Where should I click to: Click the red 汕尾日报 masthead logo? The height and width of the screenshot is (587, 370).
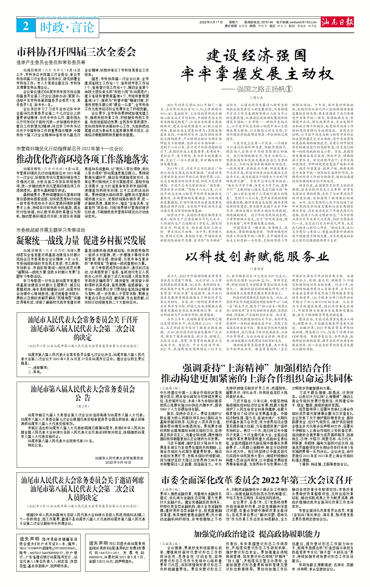tap(337, 22)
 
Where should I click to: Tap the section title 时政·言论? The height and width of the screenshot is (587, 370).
tap(67, 28)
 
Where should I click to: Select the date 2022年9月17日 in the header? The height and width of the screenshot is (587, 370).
tap(211, 22)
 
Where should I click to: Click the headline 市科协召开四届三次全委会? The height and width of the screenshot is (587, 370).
tap(76, 52)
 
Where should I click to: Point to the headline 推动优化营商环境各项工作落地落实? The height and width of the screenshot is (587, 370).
tap(83, 159)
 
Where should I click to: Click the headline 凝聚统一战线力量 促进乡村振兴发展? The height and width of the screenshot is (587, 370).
tap(81, 240)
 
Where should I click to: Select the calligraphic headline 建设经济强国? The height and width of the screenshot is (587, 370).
tap(257, 56)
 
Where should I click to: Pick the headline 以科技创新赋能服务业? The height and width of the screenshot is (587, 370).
tap(257, 257)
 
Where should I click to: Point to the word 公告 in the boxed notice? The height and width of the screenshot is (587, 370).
tap(83, 398)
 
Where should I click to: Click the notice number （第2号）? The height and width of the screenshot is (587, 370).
tap(83, 406)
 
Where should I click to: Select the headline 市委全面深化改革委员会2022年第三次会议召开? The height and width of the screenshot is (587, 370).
tap(257, 480)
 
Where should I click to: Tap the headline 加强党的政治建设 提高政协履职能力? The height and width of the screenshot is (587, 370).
tap(257, 534)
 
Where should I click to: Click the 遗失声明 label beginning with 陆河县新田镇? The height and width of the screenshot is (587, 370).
tap(29, 539)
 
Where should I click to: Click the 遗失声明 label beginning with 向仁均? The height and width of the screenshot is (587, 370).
tap(99, 543)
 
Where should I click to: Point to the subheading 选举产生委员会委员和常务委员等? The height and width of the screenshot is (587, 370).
tap(51, 62)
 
